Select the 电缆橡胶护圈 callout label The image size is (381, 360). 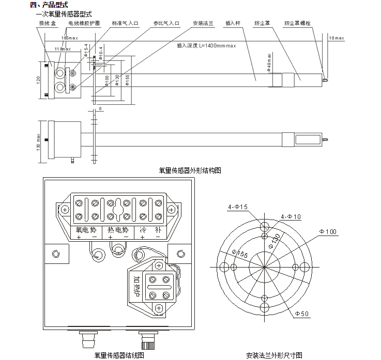(84, 24)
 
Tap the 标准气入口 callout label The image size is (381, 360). (125, 24)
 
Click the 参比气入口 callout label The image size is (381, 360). (166, 24)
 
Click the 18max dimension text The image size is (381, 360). (336, 38)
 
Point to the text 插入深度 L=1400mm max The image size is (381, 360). (206, 45)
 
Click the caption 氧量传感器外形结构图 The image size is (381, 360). (190, 170)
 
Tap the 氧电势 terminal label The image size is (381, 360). (86, 230)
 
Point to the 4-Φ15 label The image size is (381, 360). (238, 207)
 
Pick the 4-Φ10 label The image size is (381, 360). (291, 216)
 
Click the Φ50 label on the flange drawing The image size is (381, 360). (302, 314)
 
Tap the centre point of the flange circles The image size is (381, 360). (264, 267)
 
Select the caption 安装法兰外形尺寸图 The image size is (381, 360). (274, 355)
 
